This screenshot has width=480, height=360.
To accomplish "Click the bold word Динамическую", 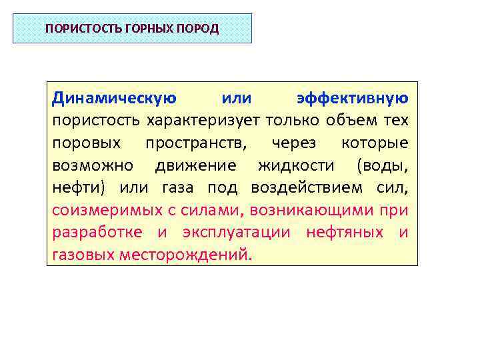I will [114, 99].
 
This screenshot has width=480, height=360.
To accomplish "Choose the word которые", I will [374, 143].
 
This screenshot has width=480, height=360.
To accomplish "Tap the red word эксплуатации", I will [233, 232].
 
